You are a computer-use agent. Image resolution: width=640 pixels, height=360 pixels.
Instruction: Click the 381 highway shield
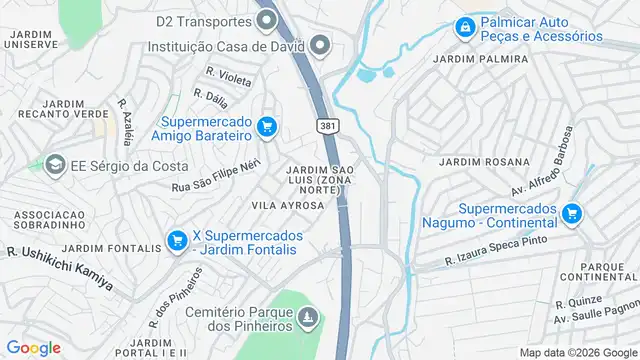pyautogui.click(x=327, y=125)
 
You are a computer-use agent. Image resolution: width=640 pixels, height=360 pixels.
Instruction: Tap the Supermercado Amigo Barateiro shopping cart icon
pyautogui.click(x=266, y=126)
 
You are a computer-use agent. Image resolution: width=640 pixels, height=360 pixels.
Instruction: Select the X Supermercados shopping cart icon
pyautogui.click(x=177, y=240)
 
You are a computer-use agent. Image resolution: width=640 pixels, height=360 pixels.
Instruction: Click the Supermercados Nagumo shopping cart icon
pyautogui.click(x=571, y=212)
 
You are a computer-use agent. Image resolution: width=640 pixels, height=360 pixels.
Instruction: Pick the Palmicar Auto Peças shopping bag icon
pyautogui.click(x=464, y=28)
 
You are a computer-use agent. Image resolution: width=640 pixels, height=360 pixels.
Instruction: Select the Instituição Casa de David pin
pyautogui.click(x=320, y=44)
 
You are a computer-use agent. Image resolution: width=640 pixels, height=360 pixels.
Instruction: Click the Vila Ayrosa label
pyautogui.click(x=288, y=205)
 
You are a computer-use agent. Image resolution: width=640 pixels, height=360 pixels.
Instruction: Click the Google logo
pyautogui.click(x=34, y=347)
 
